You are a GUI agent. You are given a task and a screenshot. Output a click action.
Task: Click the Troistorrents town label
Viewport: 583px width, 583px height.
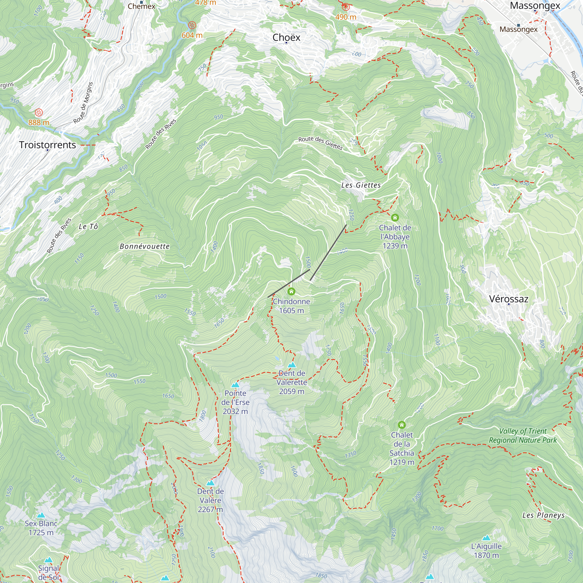point(48,145)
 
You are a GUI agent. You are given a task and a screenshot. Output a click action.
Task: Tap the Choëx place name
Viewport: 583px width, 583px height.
point(286,37)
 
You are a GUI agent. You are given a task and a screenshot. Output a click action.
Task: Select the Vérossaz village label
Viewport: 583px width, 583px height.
point(508,299)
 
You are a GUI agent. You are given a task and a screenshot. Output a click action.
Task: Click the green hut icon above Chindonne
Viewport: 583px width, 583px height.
point(291,291)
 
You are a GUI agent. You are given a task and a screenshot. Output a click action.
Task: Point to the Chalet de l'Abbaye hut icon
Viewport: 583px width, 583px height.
point(395,217)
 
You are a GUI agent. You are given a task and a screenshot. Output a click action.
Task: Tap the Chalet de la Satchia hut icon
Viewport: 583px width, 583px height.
point(401,425)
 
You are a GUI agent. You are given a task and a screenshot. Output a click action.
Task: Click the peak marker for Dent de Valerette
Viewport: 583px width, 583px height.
point(291,365)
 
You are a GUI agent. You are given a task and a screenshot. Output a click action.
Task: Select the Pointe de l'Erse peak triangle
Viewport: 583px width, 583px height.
point(235,385)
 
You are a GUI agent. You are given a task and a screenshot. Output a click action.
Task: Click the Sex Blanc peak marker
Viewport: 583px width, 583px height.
point(41,515)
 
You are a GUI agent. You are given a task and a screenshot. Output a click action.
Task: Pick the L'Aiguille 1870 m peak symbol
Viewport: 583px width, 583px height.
point(486,538)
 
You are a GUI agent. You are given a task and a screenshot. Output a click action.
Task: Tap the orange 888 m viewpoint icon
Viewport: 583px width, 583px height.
point(39,113)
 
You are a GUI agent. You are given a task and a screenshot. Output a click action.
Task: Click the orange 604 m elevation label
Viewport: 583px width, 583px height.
point(192,35)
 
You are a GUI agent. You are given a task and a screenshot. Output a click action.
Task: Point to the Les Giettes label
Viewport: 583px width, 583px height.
point(361,185)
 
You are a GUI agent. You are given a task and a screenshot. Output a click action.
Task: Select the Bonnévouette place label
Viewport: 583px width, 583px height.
point(145,247)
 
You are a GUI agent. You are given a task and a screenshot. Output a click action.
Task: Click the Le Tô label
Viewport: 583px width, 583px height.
point(88,226)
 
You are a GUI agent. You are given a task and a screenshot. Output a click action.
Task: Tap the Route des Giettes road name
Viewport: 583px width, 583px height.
point(320,143)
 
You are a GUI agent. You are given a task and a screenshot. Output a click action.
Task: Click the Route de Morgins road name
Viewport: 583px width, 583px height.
point(83,103)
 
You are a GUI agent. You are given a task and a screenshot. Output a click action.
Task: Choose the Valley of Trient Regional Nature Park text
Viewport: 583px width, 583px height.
point(523,436)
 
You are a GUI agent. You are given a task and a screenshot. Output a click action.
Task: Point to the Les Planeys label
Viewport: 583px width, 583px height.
point(543,515)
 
